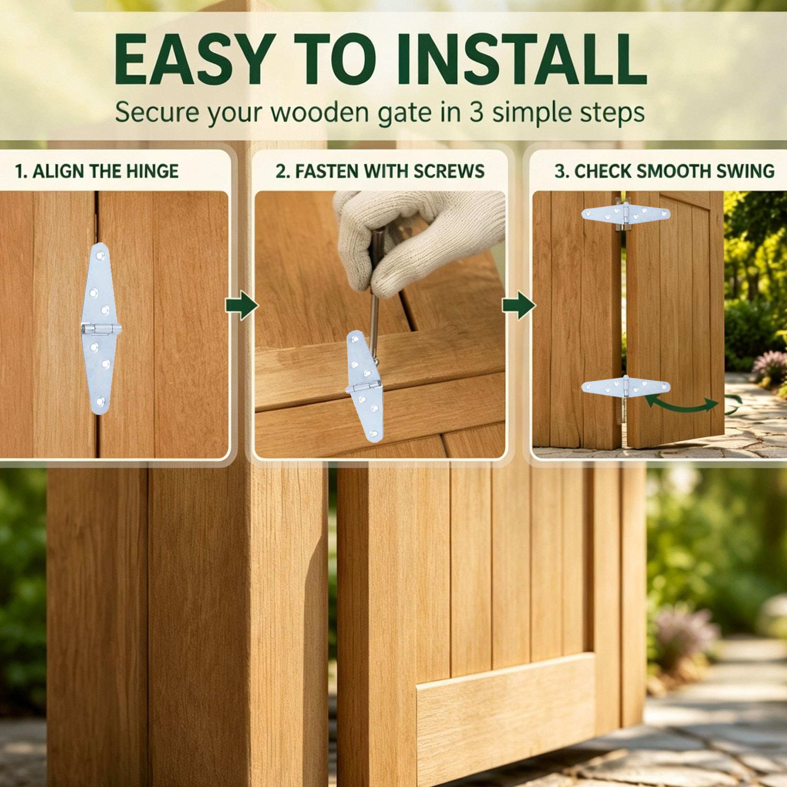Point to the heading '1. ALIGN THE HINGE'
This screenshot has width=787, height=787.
click(96, 171)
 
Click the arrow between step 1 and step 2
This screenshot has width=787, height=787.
click(242, 305)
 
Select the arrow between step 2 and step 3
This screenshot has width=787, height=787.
click(518, 305)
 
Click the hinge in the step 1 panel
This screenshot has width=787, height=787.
click(100, 329)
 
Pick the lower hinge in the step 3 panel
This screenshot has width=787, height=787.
click(626, 387)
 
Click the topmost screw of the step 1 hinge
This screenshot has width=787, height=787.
click(101, 256)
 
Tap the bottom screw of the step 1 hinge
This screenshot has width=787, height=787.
click(100, 402)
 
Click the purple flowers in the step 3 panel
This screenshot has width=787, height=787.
click(769, 366)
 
